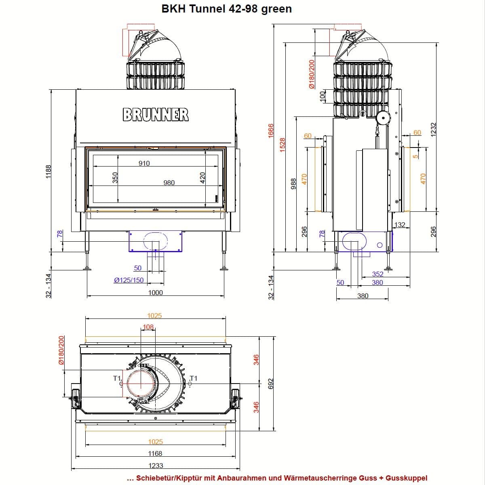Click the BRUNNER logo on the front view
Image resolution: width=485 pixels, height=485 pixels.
tap(156, 114)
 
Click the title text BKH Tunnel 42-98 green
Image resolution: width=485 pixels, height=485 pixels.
tap(226, 9)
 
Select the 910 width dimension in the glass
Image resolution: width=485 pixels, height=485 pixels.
tap(144, 163)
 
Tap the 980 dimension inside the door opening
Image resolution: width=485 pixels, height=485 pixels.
tap(169, 183)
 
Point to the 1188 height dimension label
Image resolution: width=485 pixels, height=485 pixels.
tap(48, 172)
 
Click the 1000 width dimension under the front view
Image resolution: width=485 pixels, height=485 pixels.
tap(156, 293)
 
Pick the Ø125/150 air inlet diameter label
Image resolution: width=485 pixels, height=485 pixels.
tap(129, 280)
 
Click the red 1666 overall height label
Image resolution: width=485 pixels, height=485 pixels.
tap(271, 131)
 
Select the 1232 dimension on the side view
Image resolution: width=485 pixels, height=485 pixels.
tap(433, 130)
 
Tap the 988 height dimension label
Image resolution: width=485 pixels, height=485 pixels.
tap(293, 184)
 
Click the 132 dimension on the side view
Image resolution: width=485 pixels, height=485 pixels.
tap(400, 224)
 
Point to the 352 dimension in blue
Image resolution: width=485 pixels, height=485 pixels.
tap(377, 274)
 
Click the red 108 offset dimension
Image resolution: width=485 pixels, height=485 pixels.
tap(148, 327)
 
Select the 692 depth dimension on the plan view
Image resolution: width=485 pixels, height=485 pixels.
tap(270, 384)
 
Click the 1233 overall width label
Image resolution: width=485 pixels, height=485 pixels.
tap(156, 465)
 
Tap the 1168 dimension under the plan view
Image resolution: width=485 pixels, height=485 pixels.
tap(155, 453)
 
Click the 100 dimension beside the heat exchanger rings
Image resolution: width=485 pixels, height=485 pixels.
tap(323, 97)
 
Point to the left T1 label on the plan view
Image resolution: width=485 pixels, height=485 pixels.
tap(117, 378)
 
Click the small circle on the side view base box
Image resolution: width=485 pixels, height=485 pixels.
tap(380, 245)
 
